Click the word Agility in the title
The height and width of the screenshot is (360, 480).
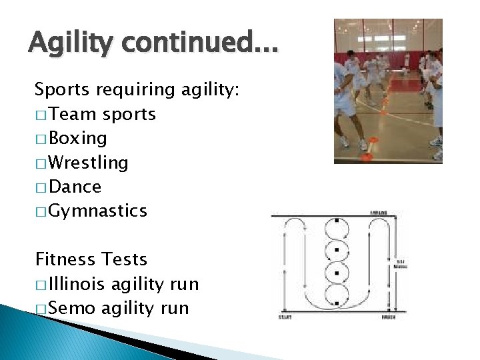pos(69,45)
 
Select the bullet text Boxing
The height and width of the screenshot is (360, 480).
pos(79,139)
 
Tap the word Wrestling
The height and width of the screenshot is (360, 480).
pos(89,163)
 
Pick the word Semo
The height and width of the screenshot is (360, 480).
pos(73,309)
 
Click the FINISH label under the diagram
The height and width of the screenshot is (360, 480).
pos(389,317)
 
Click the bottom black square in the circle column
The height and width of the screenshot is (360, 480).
pos(337,303)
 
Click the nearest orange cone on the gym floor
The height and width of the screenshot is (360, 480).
pos(366,156)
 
